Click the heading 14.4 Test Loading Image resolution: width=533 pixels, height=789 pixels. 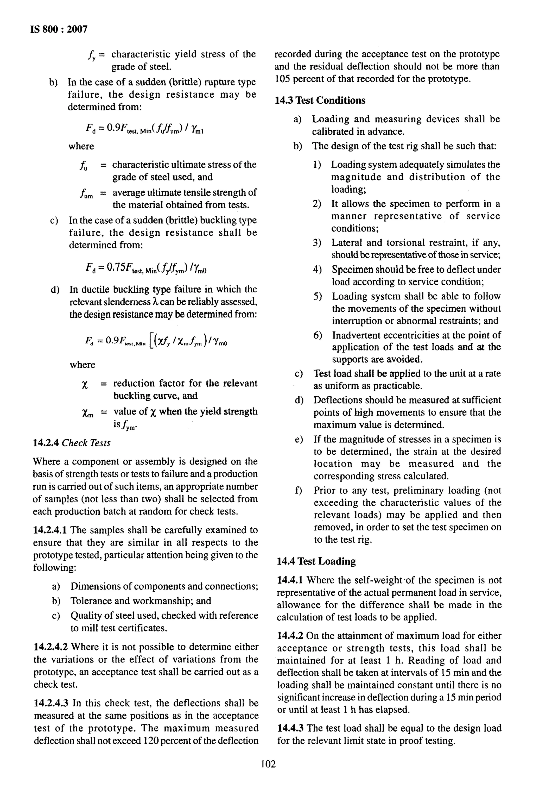pos(316,561)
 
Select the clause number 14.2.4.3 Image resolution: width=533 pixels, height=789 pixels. pos(52,703)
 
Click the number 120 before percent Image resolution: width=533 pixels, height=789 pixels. pos(151,741)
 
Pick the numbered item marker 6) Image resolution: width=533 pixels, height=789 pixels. pos(317,335)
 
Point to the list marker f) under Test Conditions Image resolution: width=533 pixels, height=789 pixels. pos(298,491)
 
